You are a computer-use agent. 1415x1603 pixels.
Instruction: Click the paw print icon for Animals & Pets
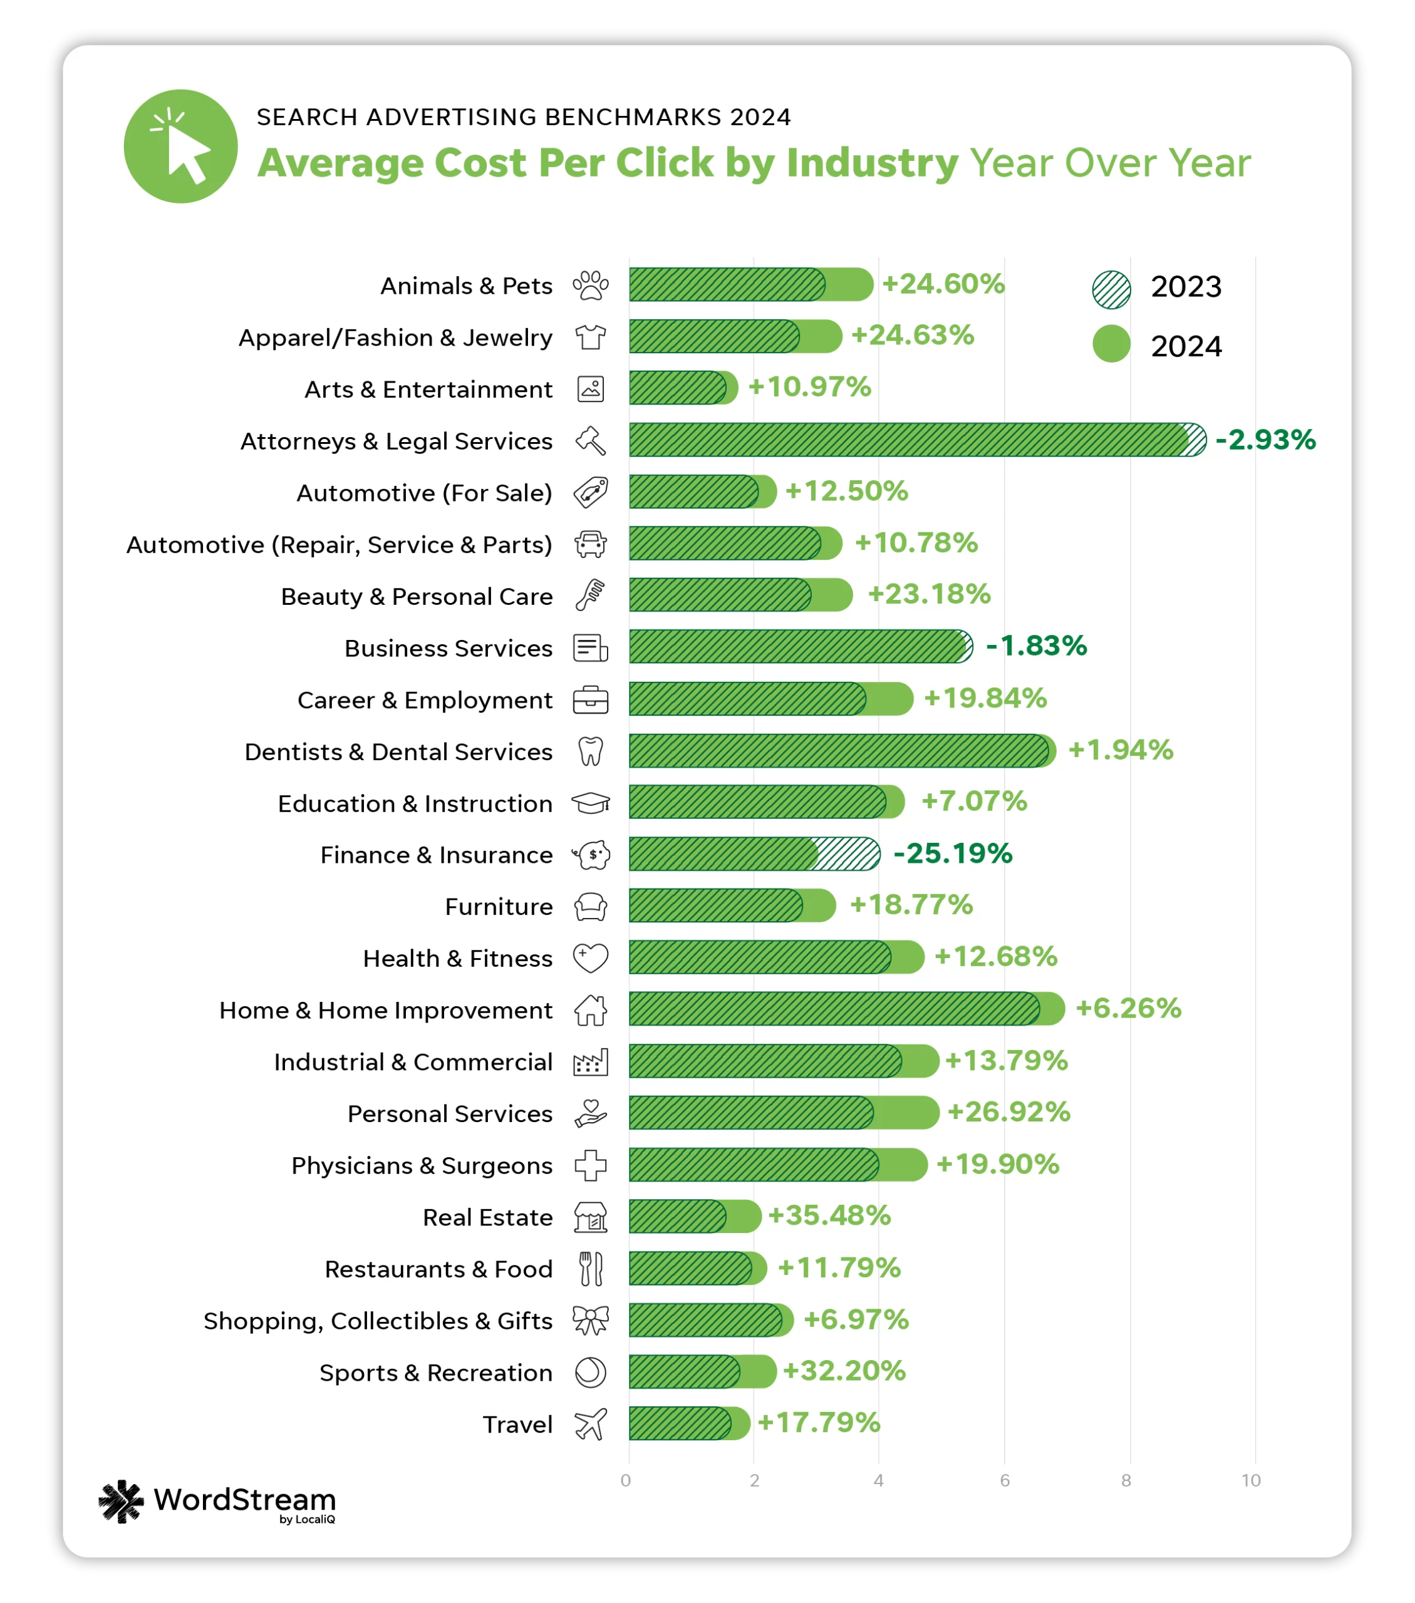(x=591, y=286)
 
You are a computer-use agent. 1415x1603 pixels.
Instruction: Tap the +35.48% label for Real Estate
(x=829, y=1215)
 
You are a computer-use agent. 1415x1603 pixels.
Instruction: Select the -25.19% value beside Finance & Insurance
(x=953, y=853)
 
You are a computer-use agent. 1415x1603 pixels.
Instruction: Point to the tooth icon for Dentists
(x=591, y=751)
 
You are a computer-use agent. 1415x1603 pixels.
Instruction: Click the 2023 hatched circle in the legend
(x=1111, y=289)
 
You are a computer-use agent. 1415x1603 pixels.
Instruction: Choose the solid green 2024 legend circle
(x=1111, y=344)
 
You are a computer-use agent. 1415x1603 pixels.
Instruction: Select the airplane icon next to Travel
(x=591, y=1424)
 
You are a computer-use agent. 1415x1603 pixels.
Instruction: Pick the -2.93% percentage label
(x=1265, y=440)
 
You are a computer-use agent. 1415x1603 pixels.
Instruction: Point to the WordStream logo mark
(x=122, y=1501)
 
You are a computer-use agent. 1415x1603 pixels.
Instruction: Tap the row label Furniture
(x=499, y=907)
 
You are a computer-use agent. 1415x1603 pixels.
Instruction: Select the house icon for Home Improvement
(x=591, y=1010)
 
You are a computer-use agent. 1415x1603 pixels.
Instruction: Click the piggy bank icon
(x=591, y=855)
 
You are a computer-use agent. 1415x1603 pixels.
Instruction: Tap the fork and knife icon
(x=591, y=1269)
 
